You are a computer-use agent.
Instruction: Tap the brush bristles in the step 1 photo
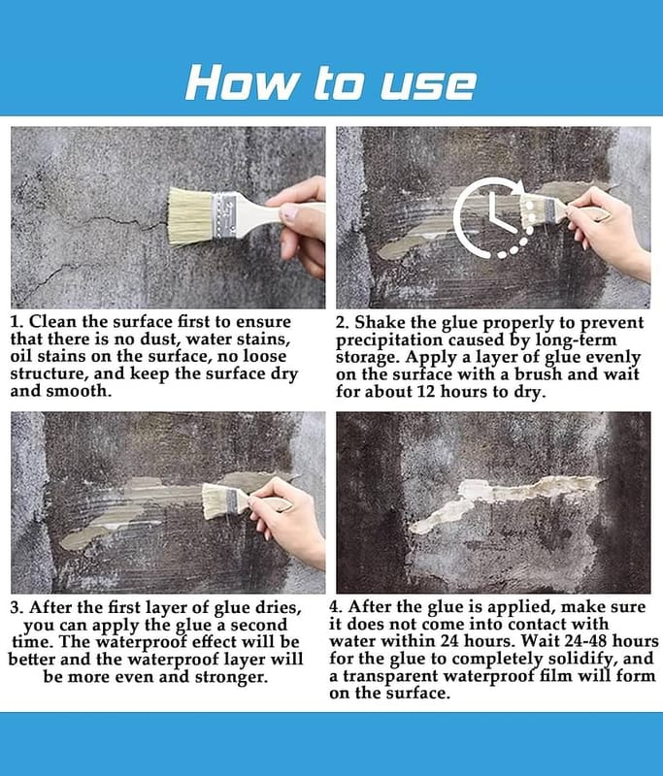(x=189, y=216)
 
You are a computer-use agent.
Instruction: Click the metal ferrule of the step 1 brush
(x=223, y=214)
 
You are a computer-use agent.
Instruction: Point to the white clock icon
(x=495, y=218)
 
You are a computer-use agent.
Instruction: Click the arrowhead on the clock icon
(x=518, y=188)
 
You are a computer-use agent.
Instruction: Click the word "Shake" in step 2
(x=380, y=322)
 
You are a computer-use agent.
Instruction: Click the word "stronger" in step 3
(x=231, y=677)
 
